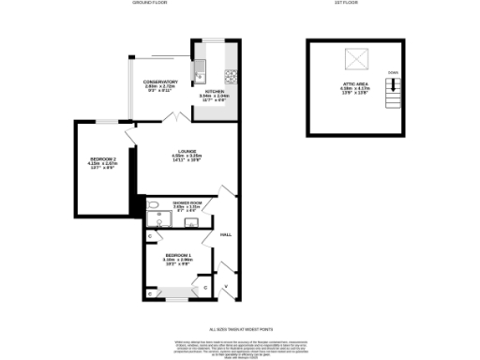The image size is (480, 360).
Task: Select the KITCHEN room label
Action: [215, 94]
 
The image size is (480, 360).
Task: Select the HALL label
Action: [225, 234]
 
